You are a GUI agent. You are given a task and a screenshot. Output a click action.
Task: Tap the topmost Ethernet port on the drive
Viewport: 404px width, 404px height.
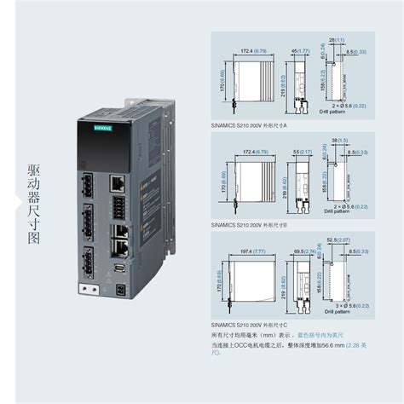click(117, 182)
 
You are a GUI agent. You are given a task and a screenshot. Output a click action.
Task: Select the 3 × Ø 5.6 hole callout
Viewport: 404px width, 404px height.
click(351, 304)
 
